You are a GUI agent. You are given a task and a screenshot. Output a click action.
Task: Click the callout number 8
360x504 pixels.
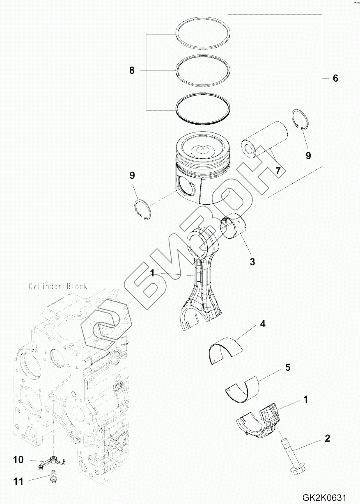coord(132,71)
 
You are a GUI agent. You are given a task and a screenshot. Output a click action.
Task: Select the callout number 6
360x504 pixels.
coord(335,78)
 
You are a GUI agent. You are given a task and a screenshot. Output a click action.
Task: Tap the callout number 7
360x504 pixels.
coord(278,171)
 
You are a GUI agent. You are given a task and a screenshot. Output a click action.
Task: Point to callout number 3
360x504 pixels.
coord(252,262)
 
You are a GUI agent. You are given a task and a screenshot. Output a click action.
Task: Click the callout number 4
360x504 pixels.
coord(263,324)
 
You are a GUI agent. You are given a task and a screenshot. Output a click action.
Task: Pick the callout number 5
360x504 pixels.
coord(288,367)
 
